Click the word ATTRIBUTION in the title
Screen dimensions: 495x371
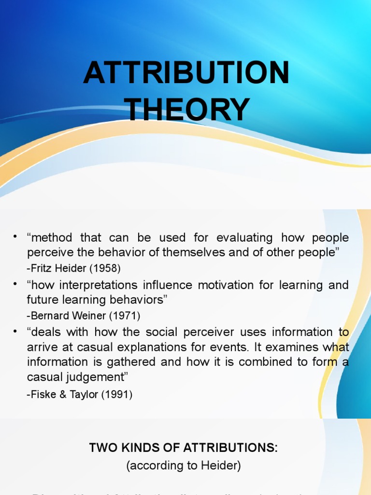(186, 73)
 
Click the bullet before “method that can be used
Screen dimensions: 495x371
(15, 236)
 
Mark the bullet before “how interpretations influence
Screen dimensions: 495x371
(15, 284)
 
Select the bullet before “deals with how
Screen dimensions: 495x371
(15, 331)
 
